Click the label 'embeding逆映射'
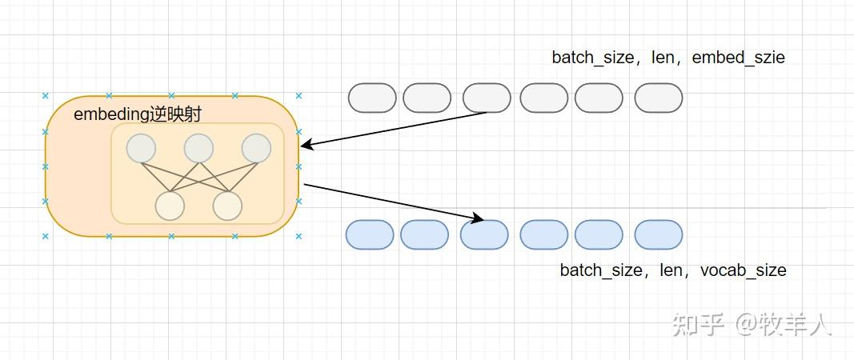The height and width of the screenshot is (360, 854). pyautogui.click(x=137, y=114)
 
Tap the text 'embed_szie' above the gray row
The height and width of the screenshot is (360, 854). pyautogui.click(x=738, y=58)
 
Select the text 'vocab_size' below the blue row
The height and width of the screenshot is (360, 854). pyautogui.click(x=743, y=270)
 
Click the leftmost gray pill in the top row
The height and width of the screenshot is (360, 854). pyautogui.click(x=372, y=98)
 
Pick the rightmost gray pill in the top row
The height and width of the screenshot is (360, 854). pyautogui.click(x=659, y=98)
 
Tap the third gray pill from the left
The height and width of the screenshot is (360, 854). pyautogui.click(x=487, y=98)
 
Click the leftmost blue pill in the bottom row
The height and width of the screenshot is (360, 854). pyautogui.click(x=370, y=234)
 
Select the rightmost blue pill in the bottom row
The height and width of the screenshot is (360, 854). pyautogui.click(x=659, y=234)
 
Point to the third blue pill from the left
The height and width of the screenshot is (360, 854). pyautogui.click(x=484, y=234)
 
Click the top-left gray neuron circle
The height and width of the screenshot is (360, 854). pyautogui.click(x=141, y=148)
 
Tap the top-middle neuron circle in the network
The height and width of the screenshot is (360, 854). pyautogui.click(x=198, y=148)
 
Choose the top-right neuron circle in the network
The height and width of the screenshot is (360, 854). pyautogui.click(x=256, y=148)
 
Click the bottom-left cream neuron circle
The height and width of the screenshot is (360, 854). pyautogui.click(x=170, y=206)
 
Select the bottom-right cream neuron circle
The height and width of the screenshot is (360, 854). pyautogui.click(x=227, y=206)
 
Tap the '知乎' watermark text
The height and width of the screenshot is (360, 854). pyautogui.click(x=698, y=324)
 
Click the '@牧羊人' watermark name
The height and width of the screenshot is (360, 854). pyautogui.click(x=784, y=324)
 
